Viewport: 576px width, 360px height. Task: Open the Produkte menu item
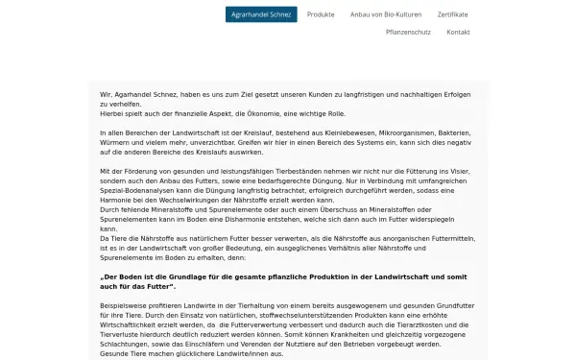(322, 14)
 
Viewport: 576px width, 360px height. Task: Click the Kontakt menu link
(458, 32)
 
